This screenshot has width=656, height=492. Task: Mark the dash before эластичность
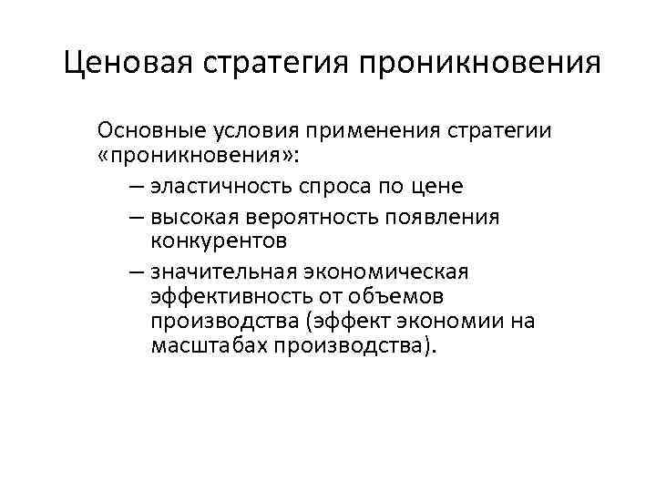coord(135,186)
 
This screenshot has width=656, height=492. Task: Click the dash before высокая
coord(135,216)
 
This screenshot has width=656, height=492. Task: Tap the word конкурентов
coord(220,241)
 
